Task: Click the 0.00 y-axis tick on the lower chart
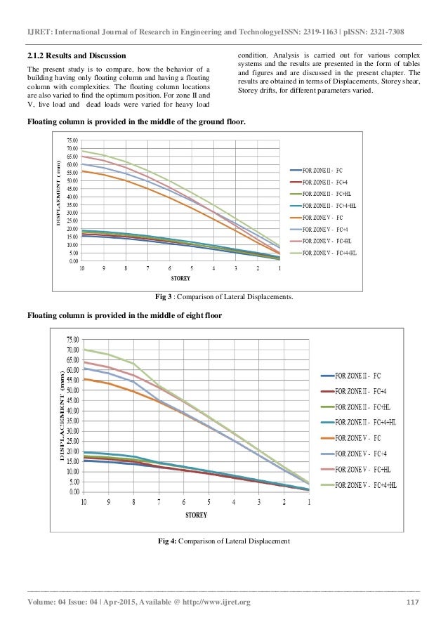tap(71, 491)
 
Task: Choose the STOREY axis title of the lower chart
tap(197, 515)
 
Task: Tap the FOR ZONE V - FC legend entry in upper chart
tap(327, 216)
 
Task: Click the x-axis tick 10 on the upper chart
tap(81, 268)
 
